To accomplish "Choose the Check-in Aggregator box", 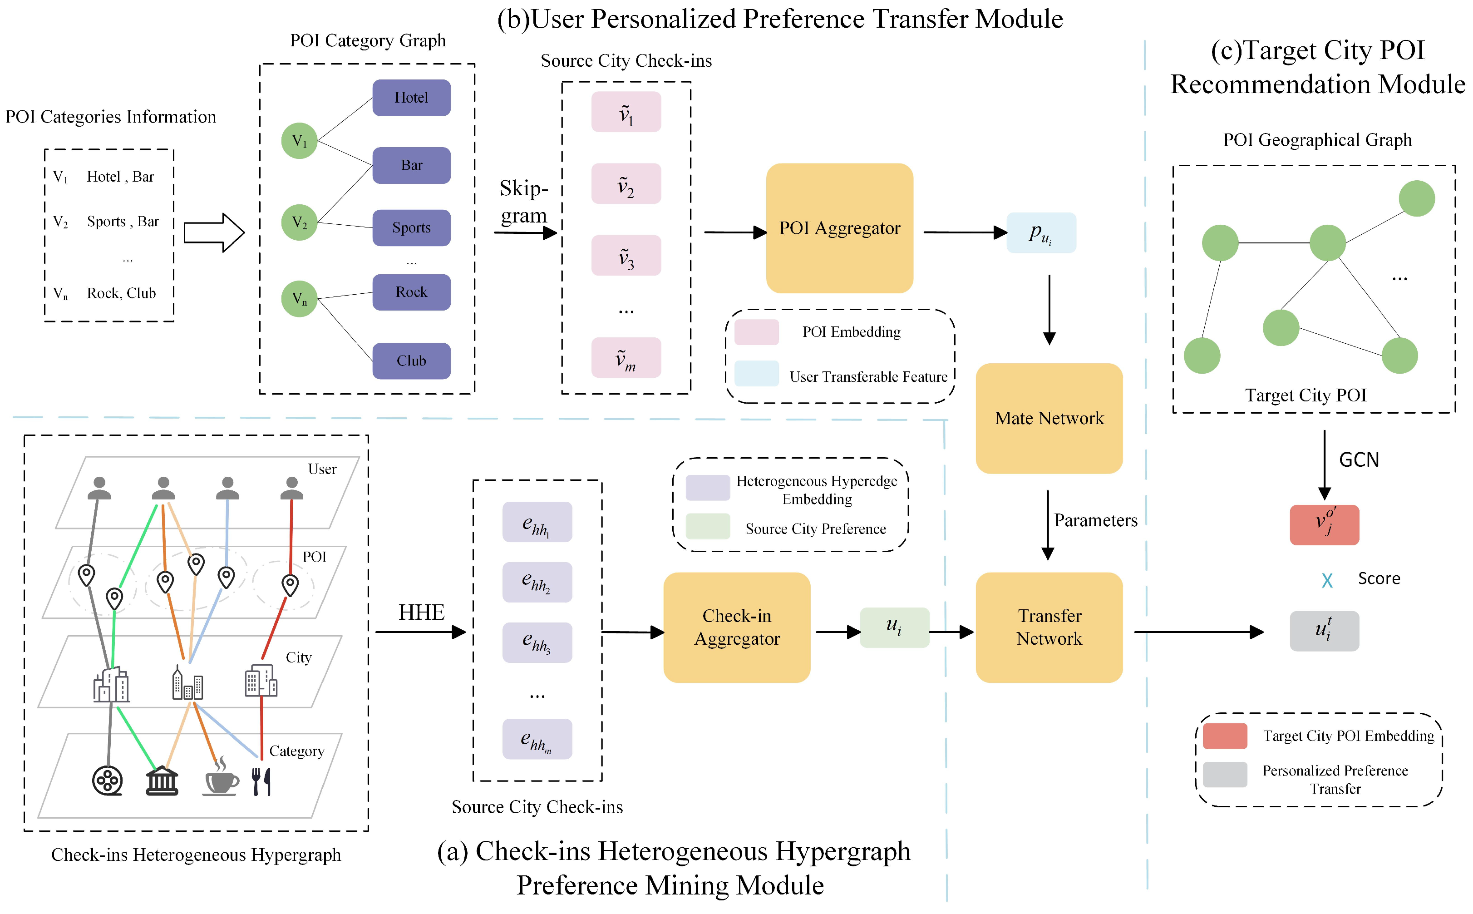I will click(736, 627).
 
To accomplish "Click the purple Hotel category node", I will click(411, 97).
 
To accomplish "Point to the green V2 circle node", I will click(299, 222).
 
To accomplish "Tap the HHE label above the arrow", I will click(421, 613).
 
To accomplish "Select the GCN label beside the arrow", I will click(1358, 460).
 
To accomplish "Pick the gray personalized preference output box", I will click(1323, 631).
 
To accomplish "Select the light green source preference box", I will click(894, 627).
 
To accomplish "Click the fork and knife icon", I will click(261, 781).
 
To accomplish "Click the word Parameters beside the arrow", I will click(1095, 520).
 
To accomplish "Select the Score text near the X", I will click(1378, 578).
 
